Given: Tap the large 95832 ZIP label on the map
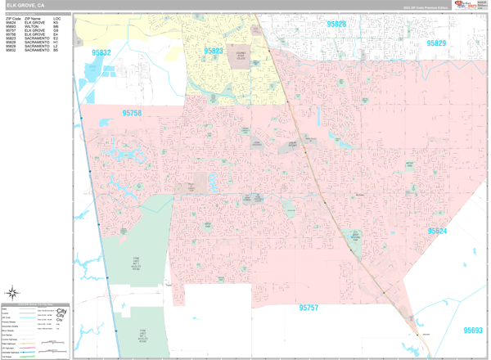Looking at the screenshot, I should coord(101,52).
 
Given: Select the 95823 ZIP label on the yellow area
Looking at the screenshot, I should coord(214,51).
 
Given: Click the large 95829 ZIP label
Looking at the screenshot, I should coord(436,43).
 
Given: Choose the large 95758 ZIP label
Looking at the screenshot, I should coord(132,114).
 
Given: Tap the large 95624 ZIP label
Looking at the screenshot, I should coord(437,231).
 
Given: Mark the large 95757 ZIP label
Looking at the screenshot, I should coord(309,308).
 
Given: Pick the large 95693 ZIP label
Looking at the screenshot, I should coord(473,331).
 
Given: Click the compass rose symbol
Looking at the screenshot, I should coord(14,293).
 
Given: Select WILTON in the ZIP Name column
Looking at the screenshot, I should coord(31,26).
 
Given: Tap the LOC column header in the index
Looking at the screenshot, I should coord(56,17).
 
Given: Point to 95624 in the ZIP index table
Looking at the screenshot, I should coord(11,22).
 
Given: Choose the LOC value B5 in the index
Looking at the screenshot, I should coord(56,51).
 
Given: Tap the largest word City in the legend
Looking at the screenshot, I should coord(61,312).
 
